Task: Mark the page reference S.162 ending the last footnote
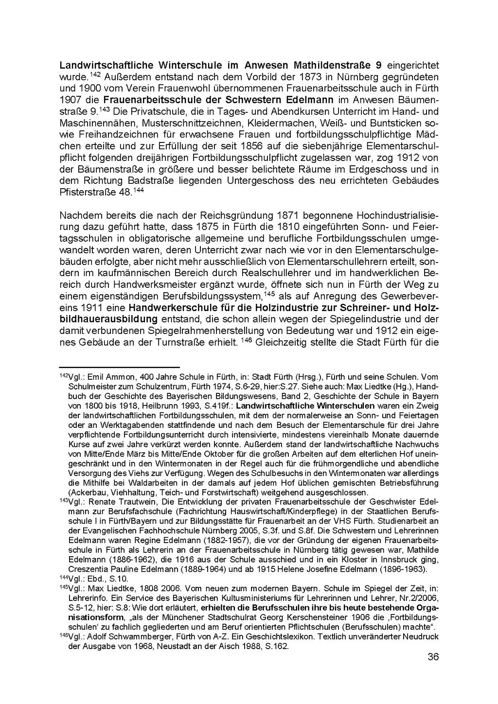pos(277,646)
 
